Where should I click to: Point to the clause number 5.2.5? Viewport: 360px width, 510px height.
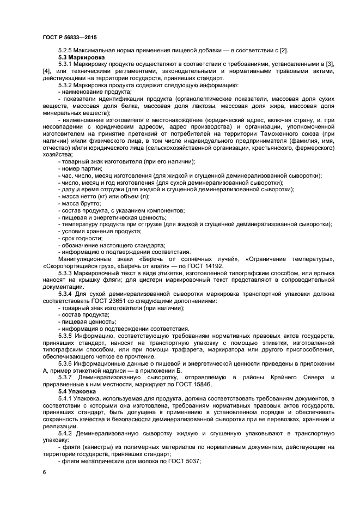click(66, 51)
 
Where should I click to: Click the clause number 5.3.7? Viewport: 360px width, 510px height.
click(66, 378)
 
